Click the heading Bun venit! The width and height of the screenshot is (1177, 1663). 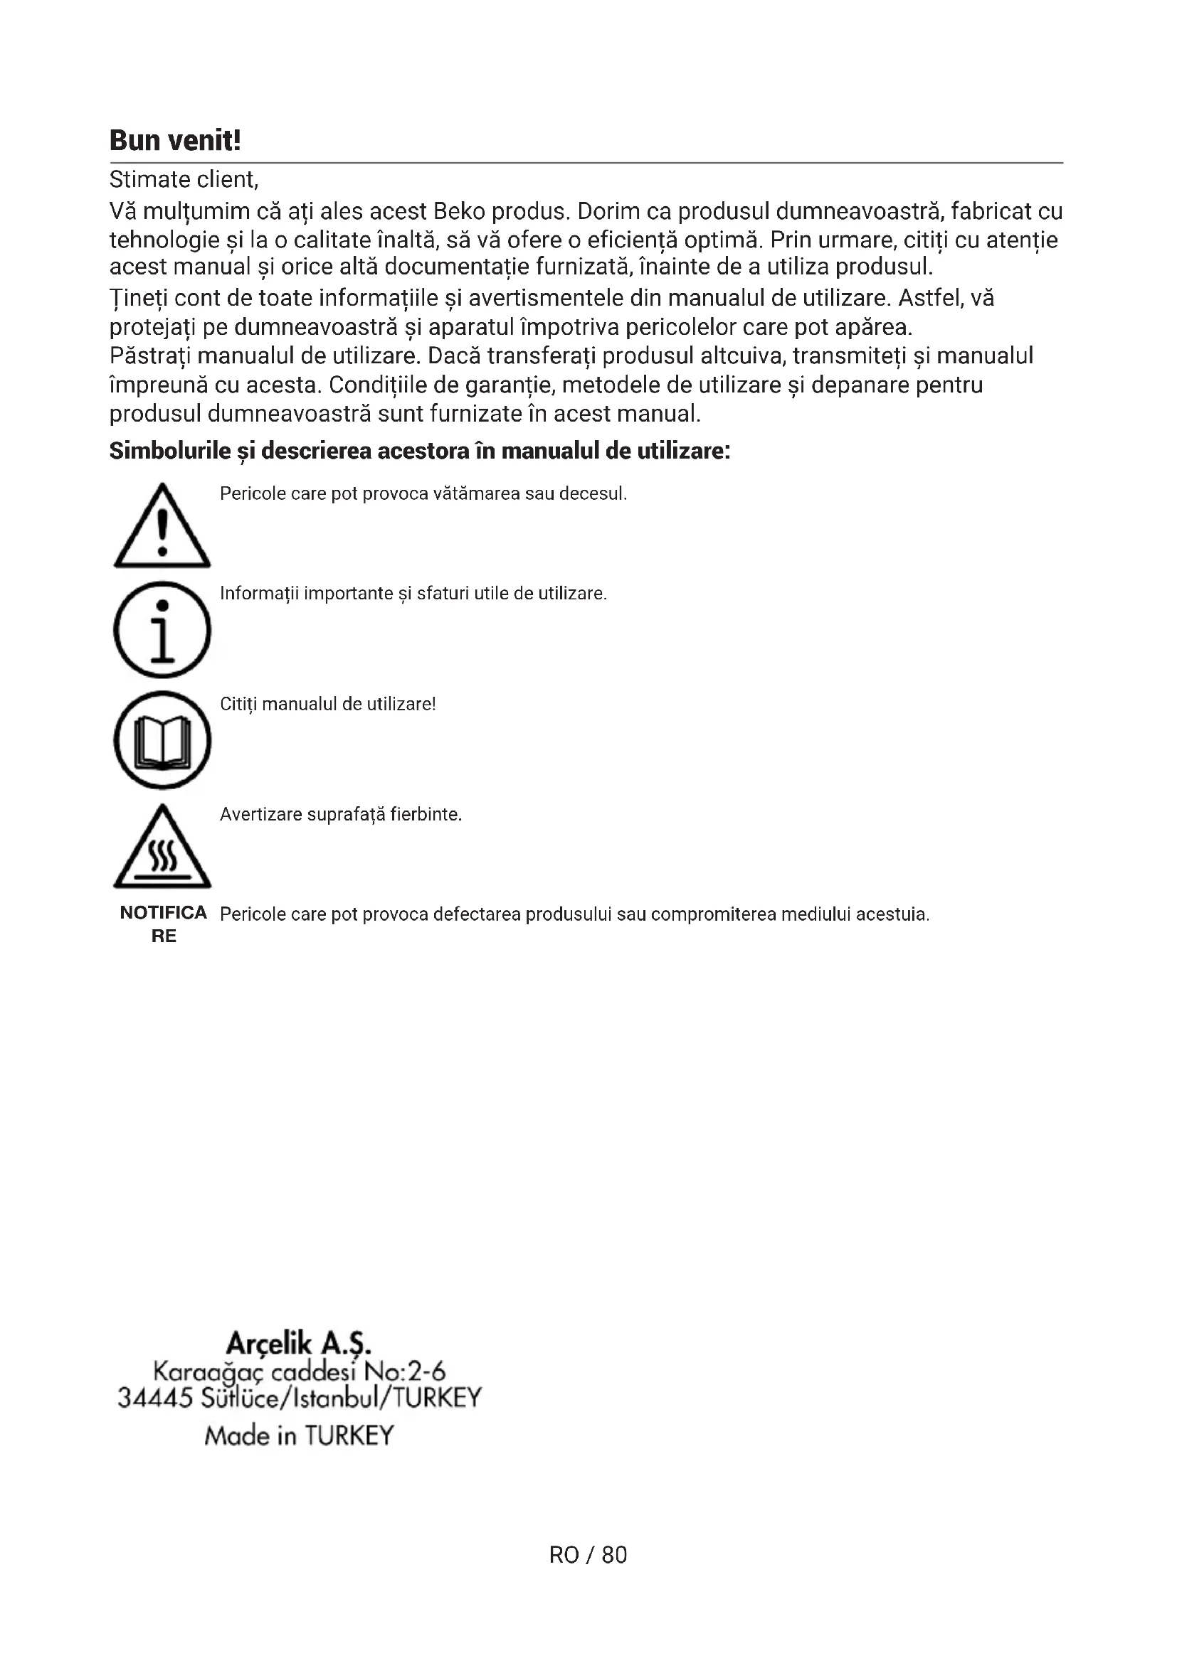tap(174, 140)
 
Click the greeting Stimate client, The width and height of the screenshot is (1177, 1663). tap(184, 179)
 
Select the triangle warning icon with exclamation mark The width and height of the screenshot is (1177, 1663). tap(162, 526)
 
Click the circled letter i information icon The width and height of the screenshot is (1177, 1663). tap(162, 629)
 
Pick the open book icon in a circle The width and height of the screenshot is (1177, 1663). tap(162, 739)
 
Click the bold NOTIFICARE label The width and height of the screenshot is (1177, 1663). tap(164, 924)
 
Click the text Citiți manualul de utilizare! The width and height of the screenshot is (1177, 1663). tap(327, 704)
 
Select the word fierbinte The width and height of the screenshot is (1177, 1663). tap(426, 814)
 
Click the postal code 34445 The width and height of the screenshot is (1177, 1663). tap(154, 1397)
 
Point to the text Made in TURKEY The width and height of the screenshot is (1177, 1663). tap(299, 1435)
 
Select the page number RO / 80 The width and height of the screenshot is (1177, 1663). tap(588, 1554)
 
